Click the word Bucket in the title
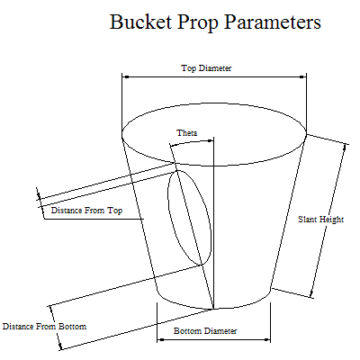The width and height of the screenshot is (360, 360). (140, 22)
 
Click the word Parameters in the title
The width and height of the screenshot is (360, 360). (273, 22)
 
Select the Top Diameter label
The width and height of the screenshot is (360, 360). (206, 68)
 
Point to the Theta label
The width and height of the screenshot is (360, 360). (187, 132)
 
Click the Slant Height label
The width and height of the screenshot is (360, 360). (320, 220)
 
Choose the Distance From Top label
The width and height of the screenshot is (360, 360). (86, 211)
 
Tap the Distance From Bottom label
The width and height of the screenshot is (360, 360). (44, 326)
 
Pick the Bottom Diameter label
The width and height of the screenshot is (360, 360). (205, 331)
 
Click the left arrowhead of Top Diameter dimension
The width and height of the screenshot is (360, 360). (125, 77)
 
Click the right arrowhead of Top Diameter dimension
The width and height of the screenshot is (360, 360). (302, 77)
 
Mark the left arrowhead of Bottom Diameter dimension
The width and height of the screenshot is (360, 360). (161, 340)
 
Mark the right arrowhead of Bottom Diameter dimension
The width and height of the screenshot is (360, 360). (266, 340)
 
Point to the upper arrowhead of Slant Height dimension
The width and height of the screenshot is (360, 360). (345, 148)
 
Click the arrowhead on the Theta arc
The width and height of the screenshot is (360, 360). (211, 140)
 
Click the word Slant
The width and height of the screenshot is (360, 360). (307, 219)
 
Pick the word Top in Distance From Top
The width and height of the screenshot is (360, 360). (115, 211)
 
